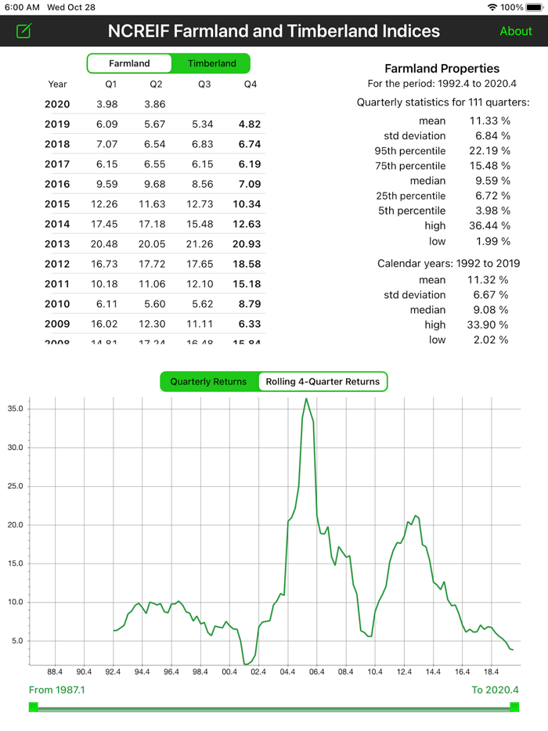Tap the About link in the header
point(516,31)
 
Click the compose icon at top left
point(24,31)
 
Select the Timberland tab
point(211,63)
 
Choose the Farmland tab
point(129,63)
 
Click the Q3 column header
point(204,85)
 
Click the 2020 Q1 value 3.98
point(106,105)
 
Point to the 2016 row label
point(57,185)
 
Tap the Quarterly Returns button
point(208,382)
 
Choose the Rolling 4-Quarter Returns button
point(323,382)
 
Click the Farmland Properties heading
point(442,69)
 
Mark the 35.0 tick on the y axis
point(16,409)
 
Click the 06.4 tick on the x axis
point(317,672)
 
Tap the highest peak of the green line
point(306,399)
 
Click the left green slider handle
point(34,708)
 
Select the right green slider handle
point(514,708)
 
